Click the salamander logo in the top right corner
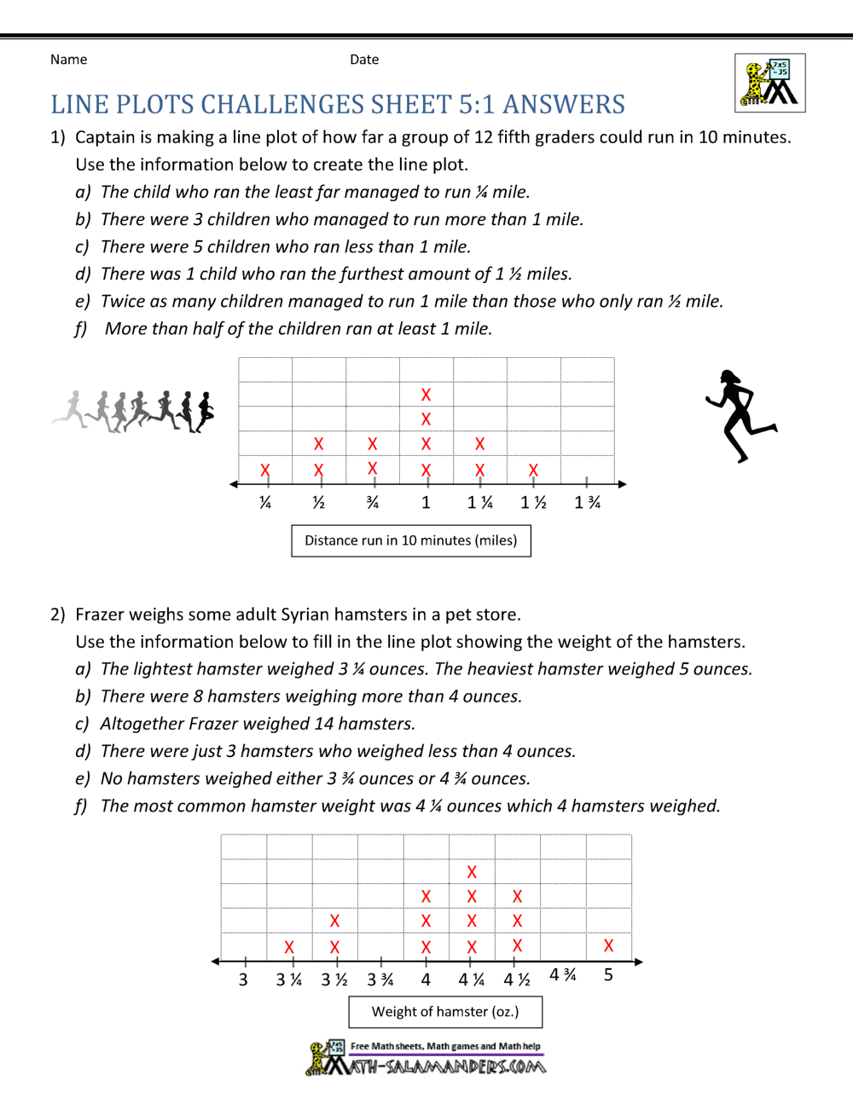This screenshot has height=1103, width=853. [770, 83]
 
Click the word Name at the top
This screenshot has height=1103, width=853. [68, 60]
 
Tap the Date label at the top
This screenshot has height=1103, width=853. [364, 60]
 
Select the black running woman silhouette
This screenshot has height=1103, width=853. [738, 416]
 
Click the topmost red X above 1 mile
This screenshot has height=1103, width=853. [426, 395]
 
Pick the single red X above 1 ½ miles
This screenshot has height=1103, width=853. [533, 470]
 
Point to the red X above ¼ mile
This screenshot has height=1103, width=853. [265, 470]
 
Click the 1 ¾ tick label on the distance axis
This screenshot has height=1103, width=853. [587, 503]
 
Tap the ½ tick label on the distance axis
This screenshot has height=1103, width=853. [318, 503]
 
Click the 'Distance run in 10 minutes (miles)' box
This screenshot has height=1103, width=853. [411, 540]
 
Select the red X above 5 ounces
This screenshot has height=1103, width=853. [608, 945]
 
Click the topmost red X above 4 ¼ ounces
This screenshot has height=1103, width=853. [472, 872]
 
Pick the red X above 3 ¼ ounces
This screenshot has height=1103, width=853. [289, 947]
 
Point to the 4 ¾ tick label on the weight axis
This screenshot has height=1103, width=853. [563, 974]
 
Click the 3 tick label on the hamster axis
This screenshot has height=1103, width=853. [243, 979]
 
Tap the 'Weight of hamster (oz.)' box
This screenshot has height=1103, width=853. [445, 1012]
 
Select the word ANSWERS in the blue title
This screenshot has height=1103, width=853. [564, 105]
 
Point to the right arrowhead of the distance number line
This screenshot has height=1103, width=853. [623, 484]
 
